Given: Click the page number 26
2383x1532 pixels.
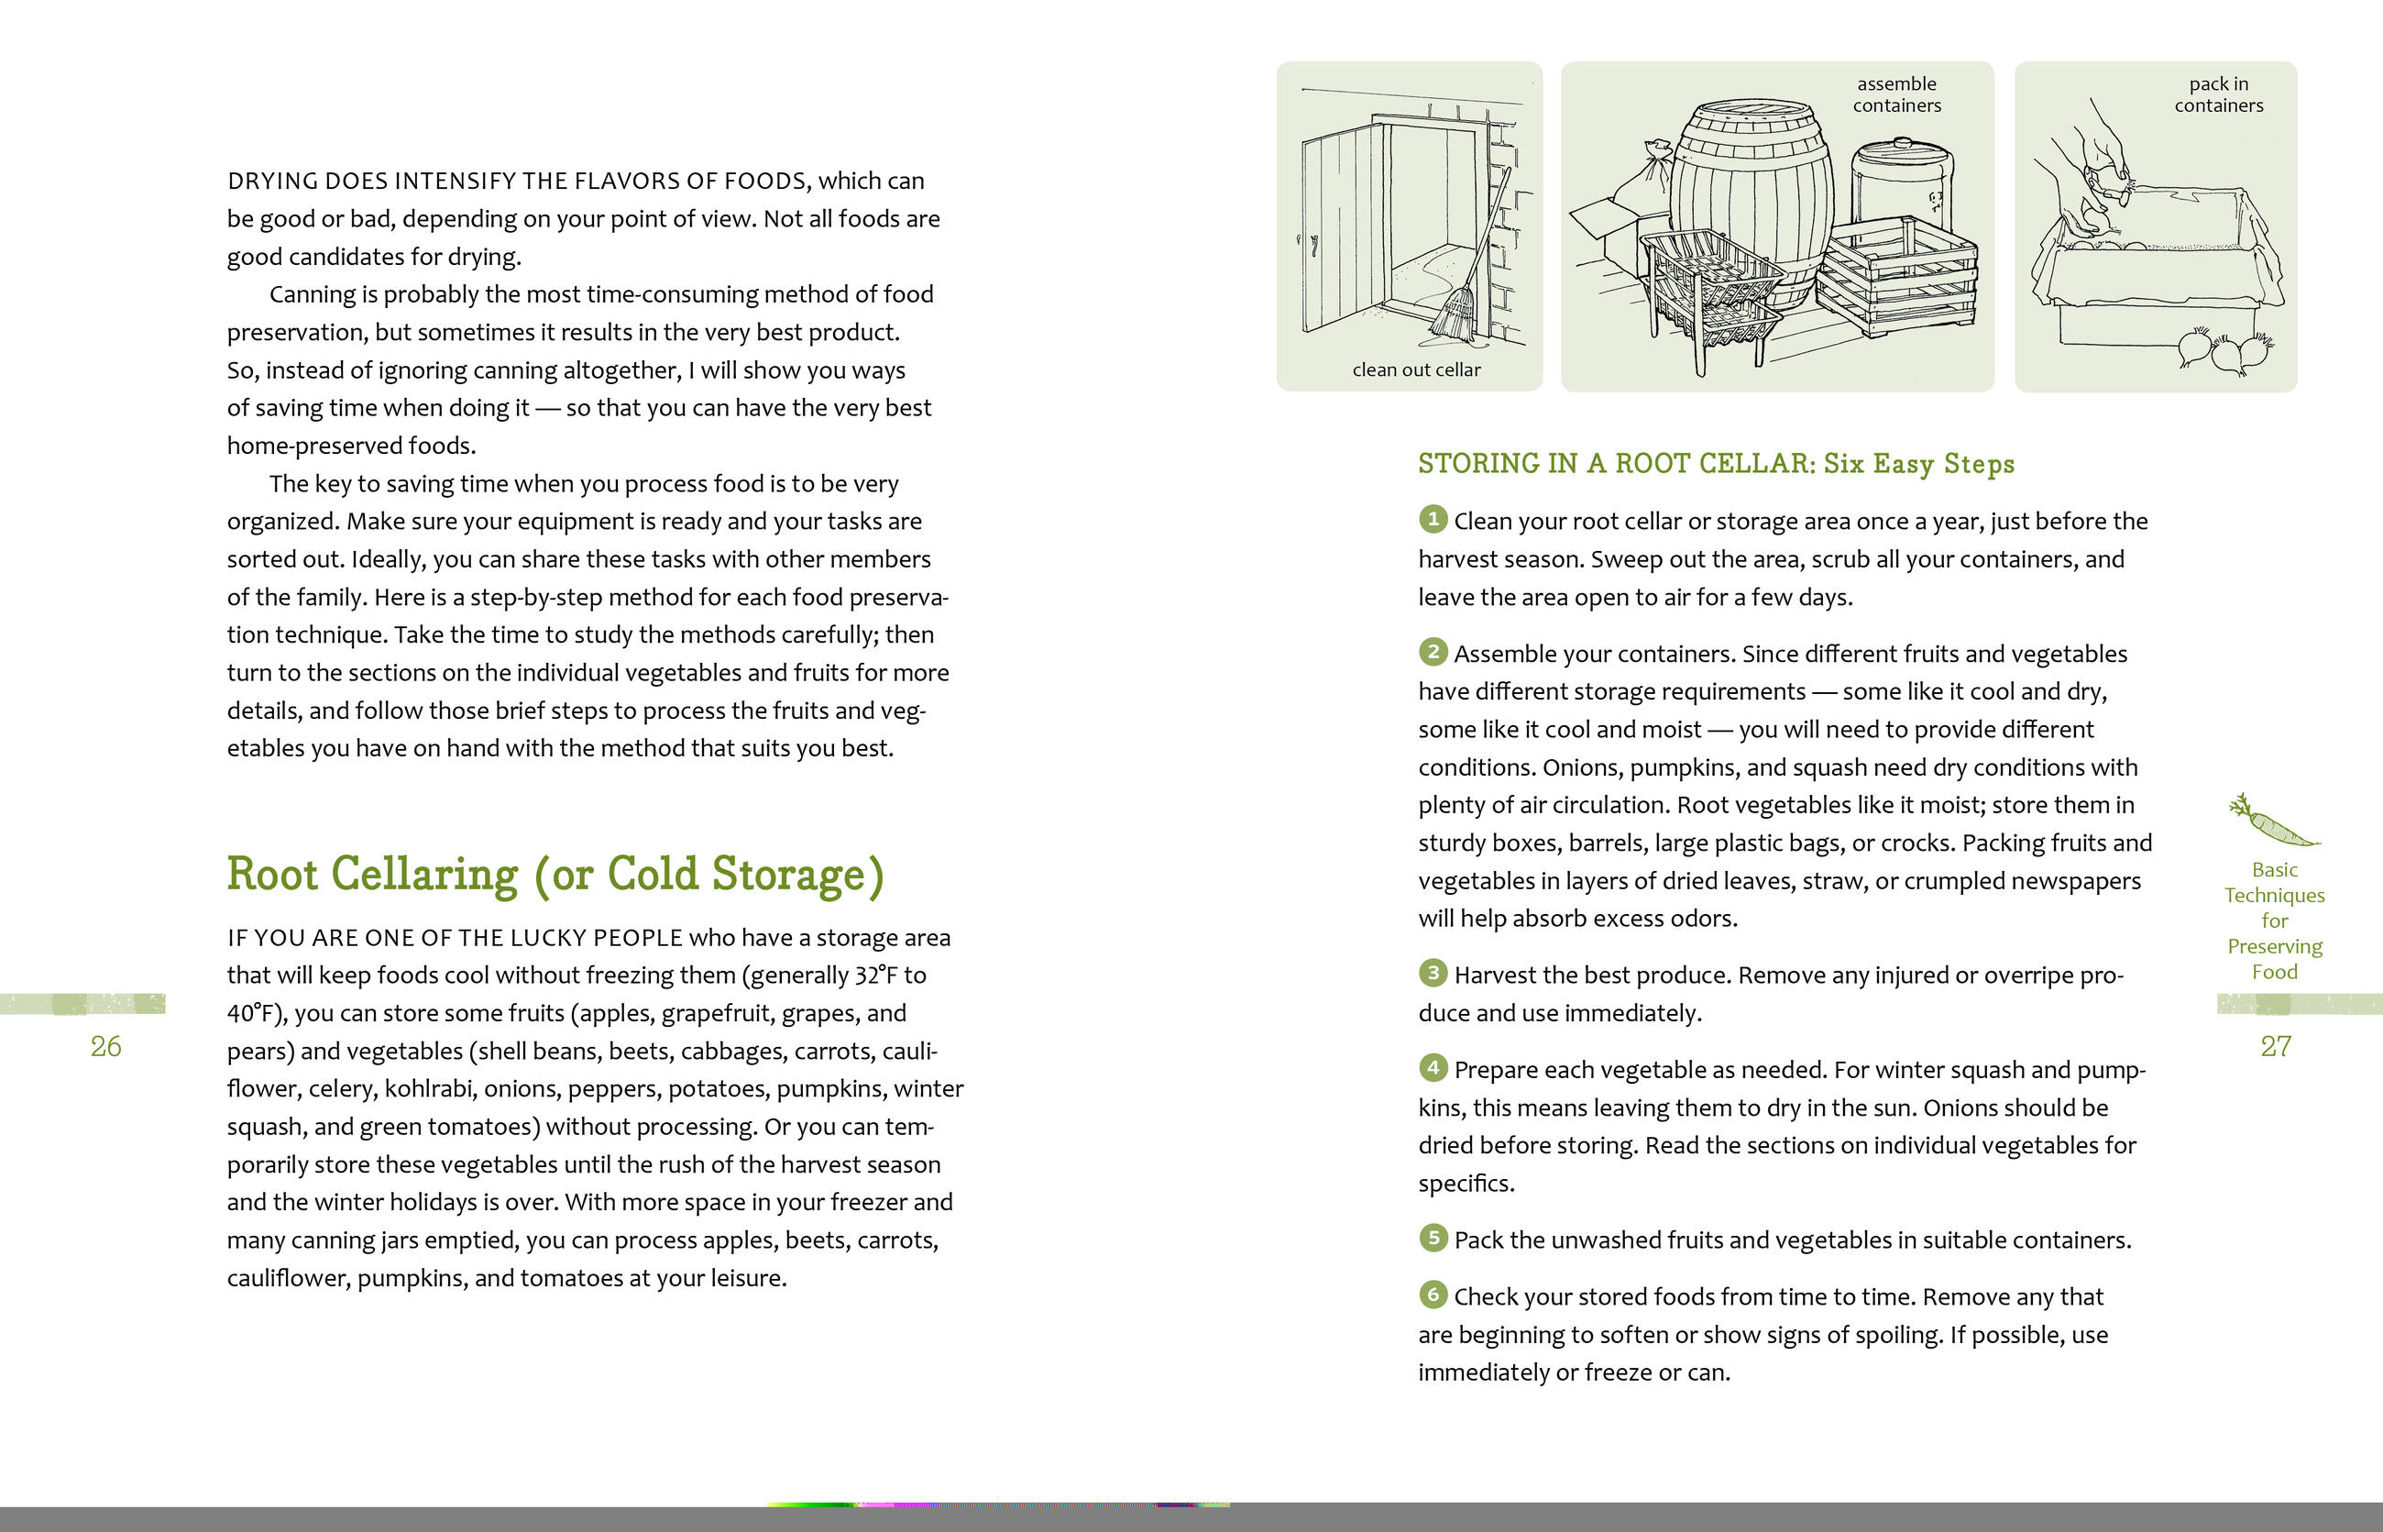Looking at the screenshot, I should (105, 1046).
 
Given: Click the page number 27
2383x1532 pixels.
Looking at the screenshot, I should (2276, 1046).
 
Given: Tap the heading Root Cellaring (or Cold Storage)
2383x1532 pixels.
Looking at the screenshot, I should (555, 875).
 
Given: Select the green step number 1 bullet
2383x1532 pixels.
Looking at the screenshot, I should (1433, 519).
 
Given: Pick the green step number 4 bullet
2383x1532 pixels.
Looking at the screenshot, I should (1433, 1068).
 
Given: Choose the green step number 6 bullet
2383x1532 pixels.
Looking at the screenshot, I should (1433, 1295).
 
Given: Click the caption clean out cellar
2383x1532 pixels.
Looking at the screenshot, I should (1416, 370).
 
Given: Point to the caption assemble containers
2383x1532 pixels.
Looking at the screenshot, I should (1896, 94).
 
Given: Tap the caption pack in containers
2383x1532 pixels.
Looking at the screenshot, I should (2218, 94).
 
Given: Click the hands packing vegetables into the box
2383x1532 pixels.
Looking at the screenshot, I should (2089, 179).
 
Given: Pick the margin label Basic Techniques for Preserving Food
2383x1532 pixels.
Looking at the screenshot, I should (2275, 920).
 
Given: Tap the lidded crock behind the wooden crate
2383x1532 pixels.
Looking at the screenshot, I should (1902, 184).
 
